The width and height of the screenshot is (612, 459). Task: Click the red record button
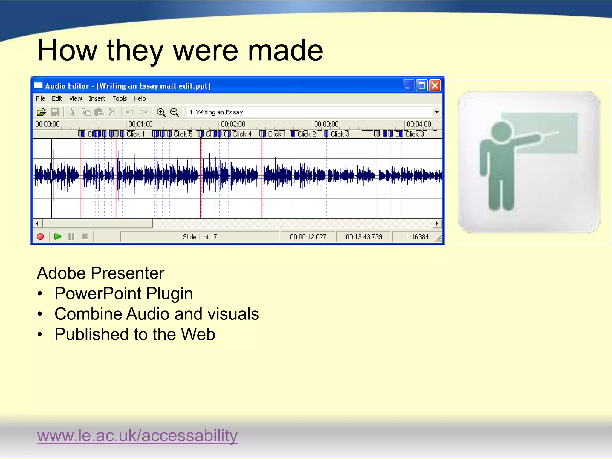pos(40,237)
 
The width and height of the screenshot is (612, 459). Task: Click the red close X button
pos(435,86)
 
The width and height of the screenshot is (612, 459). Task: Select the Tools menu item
pos(120,99)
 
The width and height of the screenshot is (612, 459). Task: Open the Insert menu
pos(97,99)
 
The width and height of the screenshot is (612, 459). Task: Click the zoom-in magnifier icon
pos(161,112)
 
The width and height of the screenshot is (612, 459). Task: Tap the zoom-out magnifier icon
pos(174,112)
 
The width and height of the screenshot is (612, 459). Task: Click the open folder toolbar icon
pos(41,112)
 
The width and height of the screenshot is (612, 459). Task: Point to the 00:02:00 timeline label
pos(233,124)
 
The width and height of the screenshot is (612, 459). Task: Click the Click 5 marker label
pos(183,134)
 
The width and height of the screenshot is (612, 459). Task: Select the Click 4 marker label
pos(242,134)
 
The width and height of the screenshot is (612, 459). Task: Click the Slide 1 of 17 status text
pos(200,237)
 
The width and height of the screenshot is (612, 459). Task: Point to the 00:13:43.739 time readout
pos(364,237)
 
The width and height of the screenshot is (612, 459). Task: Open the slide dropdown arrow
pos(437,112)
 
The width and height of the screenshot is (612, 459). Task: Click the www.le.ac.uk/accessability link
pos(137,435)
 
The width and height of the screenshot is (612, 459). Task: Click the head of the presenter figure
pos(502,132)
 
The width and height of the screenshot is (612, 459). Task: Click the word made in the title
pos(285,51)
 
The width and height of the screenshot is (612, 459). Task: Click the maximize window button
pos(422,86)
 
